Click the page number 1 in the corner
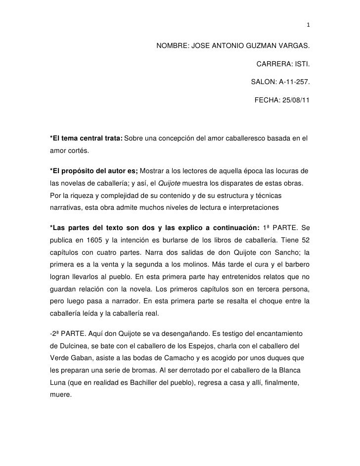pos(308,26)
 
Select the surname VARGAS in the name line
pos(293,47)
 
